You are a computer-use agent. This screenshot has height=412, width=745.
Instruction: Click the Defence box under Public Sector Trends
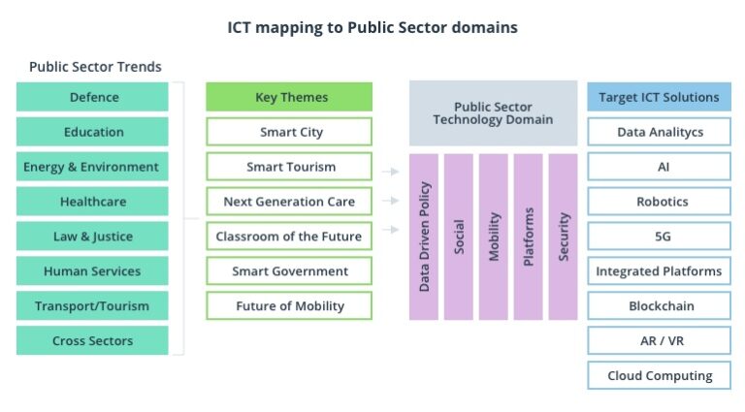click(x=93, y=97)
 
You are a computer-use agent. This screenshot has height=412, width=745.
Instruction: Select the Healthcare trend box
click(x=93, y=202)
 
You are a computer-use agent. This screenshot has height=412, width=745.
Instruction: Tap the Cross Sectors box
click(x=93, y=340)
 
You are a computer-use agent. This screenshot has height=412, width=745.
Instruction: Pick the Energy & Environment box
click(x=93, y=167)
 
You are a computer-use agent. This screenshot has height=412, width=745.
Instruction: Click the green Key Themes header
click(x=289, y=97)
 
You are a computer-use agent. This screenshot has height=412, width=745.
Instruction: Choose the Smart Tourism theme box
click(x=289, y=167)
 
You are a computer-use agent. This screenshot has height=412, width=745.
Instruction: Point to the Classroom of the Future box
click(x=289, y=237)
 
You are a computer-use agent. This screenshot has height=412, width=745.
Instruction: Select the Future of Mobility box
click(x=289, y=305)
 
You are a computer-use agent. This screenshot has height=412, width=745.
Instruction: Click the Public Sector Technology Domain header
click(x=493, y=112)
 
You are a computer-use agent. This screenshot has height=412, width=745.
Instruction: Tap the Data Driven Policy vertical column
click(x=425, y=237)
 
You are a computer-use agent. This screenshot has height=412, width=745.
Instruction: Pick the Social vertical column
click(x=459, y=237)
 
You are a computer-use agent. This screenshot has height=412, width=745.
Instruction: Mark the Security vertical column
click(x=564, y=237)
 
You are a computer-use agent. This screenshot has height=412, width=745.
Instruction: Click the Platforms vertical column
click(x=529, y=237)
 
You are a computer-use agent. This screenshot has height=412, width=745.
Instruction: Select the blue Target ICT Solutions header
click(x=659, y=97)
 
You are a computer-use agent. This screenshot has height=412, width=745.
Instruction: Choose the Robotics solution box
click(x=659, y=202)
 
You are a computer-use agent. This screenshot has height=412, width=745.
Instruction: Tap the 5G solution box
click(x=659, y=237)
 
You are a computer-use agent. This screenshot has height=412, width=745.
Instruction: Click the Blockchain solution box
click(x=659, y=305)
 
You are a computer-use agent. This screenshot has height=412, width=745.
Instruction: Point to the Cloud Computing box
click(x=659, y=375)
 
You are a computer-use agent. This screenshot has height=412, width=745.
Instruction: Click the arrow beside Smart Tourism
click(x=390, y=172)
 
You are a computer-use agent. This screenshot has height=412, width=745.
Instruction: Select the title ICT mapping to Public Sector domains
click(x=372, y=27)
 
